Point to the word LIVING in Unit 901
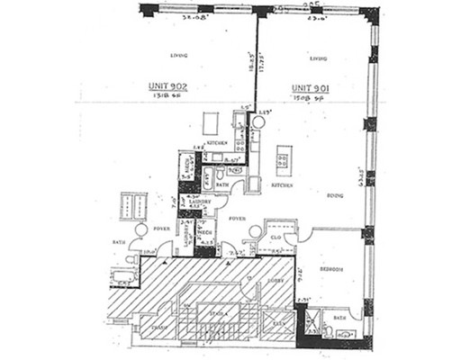(x=316, y=59)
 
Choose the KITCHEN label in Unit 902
(x=216, y=143)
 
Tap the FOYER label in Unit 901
(x=237, y=219)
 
